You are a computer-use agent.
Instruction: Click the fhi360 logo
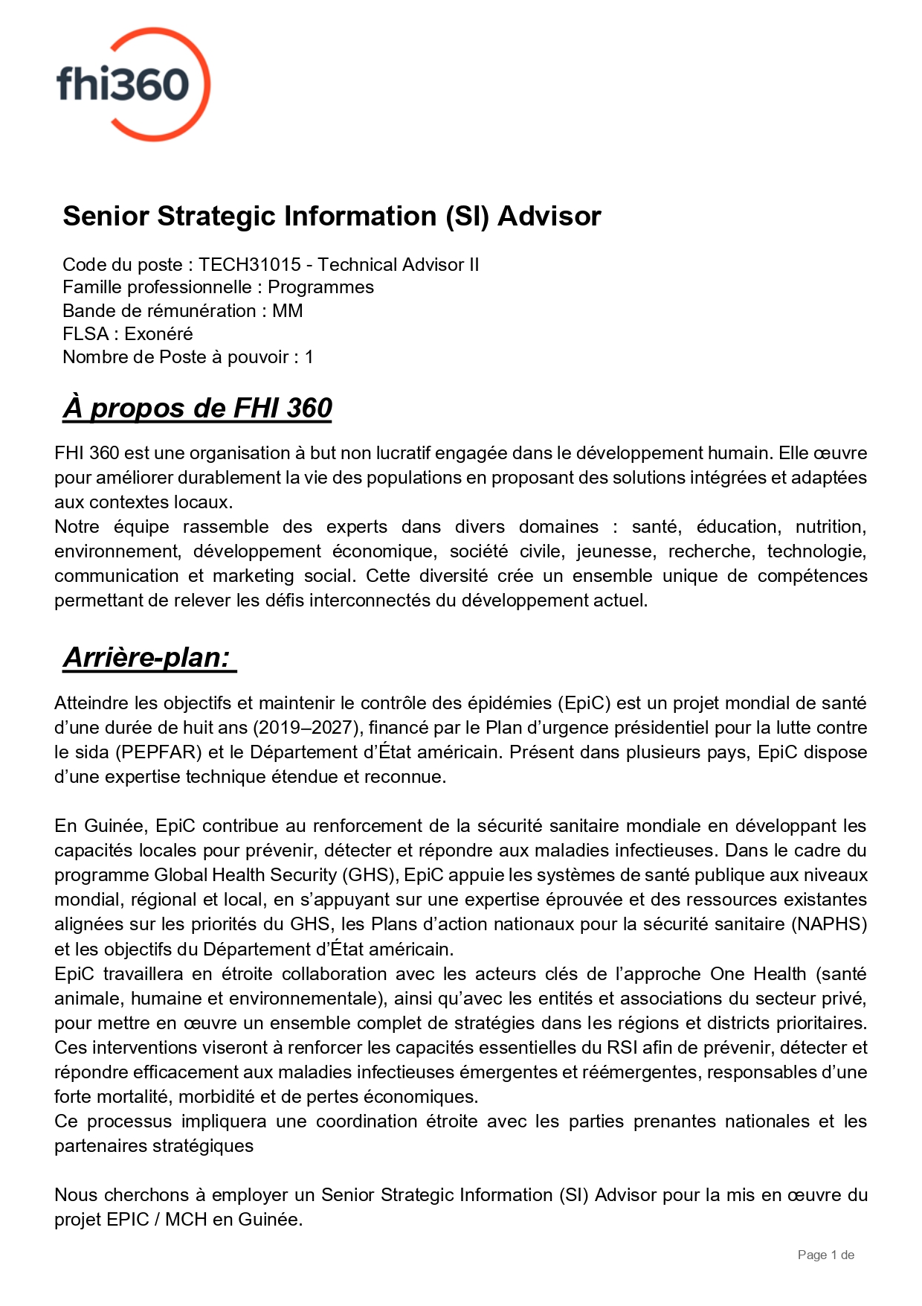(133, 84)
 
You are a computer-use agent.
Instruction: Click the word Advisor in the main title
(549, 216)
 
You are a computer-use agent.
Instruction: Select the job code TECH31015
(250, 264)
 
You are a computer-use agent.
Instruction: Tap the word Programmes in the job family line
(320, 287)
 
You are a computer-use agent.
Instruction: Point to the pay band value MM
(288, 310)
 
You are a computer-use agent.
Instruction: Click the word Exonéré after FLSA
(158, 333)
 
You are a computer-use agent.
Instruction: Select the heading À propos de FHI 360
(197, 408)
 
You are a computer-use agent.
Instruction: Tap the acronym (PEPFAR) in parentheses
(158, 752)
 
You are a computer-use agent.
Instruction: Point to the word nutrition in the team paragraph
(830, 527)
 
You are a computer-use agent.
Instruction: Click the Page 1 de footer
(825, 1255)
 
